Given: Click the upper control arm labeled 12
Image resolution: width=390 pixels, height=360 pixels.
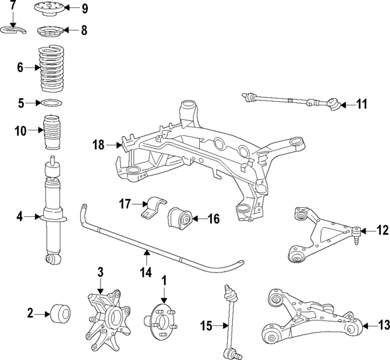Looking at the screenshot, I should point(320,235).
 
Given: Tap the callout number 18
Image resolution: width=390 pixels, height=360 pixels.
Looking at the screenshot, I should point(99,144).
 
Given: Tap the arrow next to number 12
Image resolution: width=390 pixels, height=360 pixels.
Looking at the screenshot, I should point(366,230).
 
